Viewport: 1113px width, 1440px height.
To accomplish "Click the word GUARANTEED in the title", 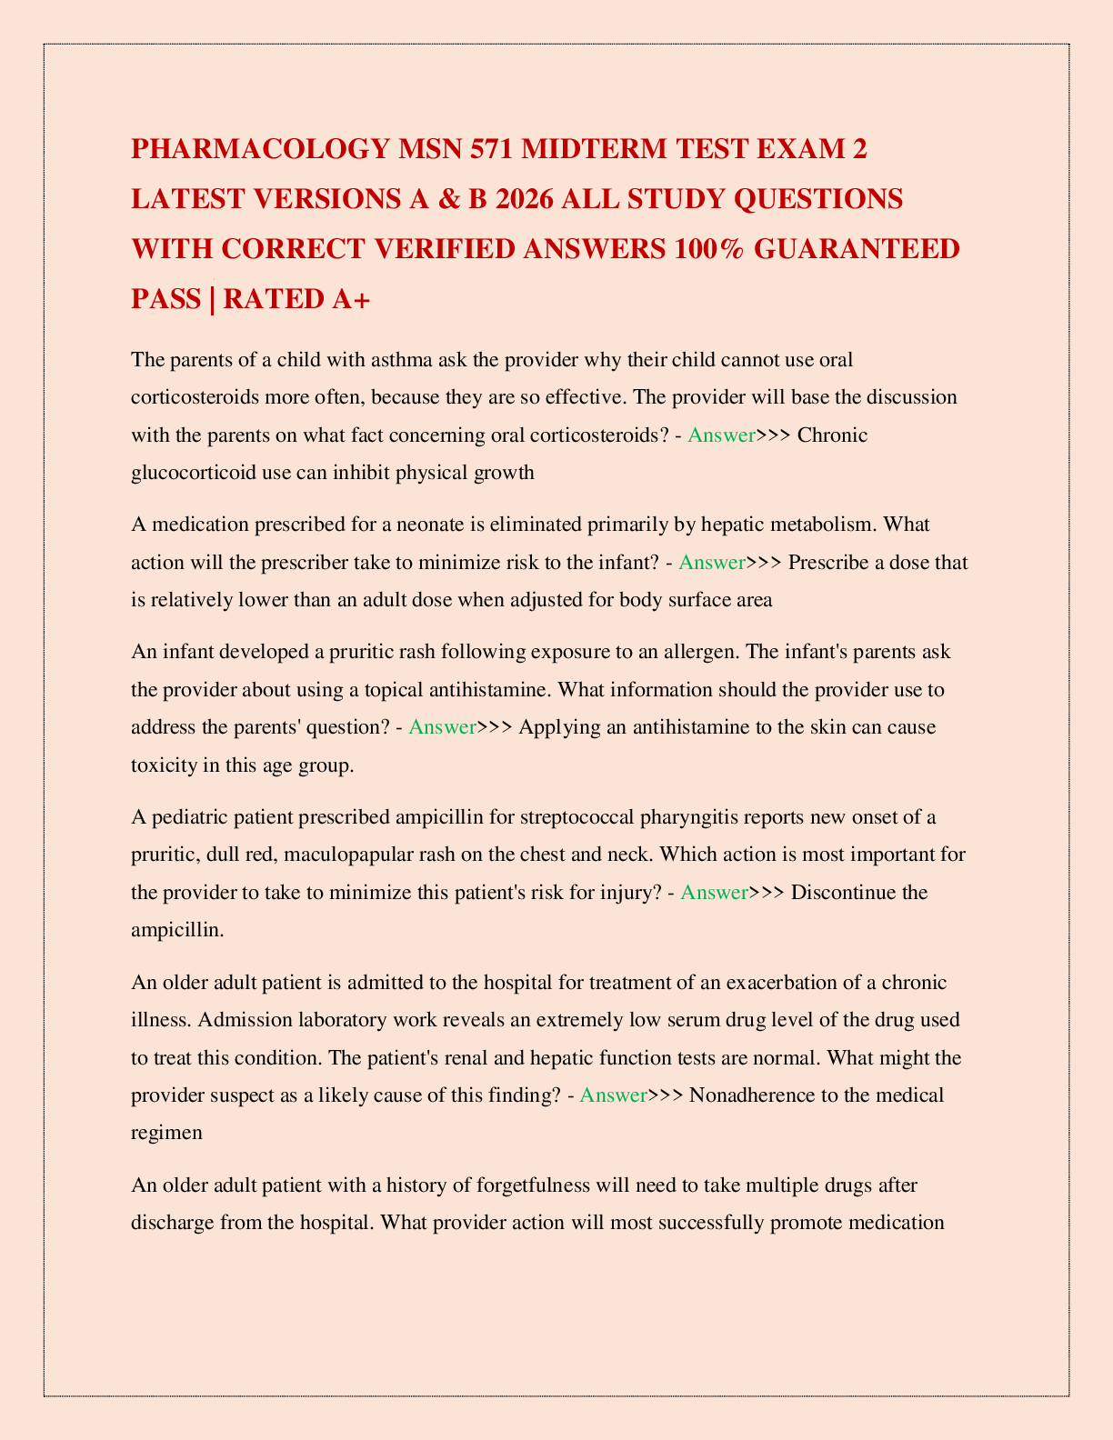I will point(857,248).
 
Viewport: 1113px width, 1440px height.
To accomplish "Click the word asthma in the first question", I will point(402,359).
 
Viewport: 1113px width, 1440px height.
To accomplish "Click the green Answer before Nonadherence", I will point(613,1095).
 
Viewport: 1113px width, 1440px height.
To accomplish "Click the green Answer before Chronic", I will point(721,435).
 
